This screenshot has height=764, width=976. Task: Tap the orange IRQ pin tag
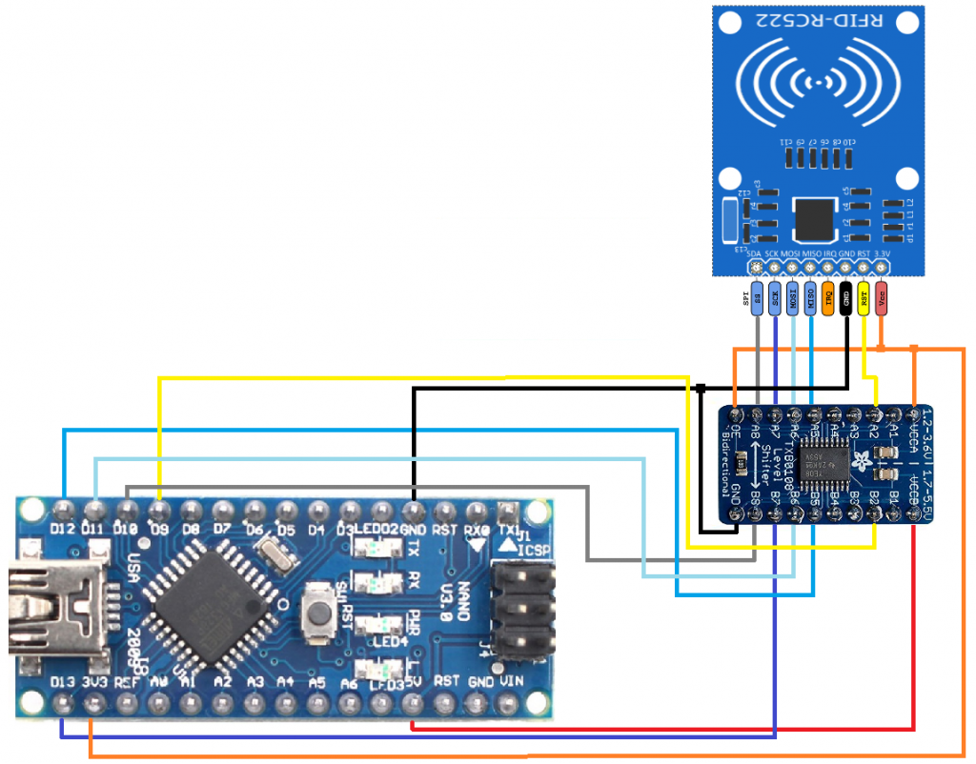click(828, 298)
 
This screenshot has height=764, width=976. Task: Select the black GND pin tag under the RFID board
click(845, 298)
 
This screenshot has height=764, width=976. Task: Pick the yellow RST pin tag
click(864, 298)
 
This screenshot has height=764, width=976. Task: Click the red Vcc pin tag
click(881, 298)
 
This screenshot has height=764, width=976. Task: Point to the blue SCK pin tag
click(775, 298)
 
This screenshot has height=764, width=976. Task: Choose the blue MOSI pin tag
click(793, 298)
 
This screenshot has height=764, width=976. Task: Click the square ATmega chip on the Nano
click(212, 598)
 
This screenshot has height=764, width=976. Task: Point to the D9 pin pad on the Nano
click(158, 507)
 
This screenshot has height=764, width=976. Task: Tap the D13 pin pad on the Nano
click(63, 703)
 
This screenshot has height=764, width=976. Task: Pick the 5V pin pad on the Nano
click(412, 703)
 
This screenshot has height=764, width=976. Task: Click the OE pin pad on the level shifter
click(737, 415)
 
